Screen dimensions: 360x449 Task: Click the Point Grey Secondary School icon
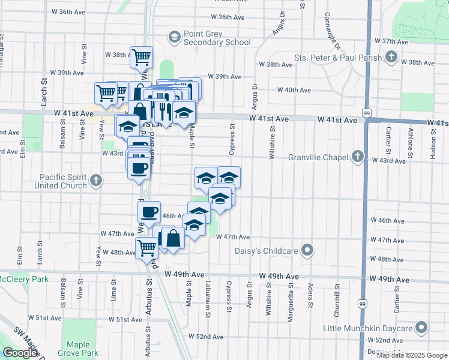174,38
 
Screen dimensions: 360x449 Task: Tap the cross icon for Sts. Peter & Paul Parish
391,58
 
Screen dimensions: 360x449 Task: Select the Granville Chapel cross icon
358,157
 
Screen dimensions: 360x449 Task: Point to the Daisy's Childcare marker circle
308,250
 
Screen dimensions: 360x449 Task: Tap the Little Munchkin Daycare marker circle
422,328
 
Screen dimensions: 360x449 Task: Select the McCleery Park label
24,280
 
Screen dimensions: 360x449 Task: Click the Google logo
20,353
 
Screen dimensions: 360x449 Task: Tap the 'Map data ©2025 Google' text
411,355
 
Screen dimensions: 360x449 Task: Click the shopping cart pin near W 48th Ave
146,247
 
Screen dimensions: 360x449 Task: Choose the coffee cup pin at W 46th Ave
149,212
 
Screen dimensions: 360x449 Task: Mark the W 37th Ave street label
391,41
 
